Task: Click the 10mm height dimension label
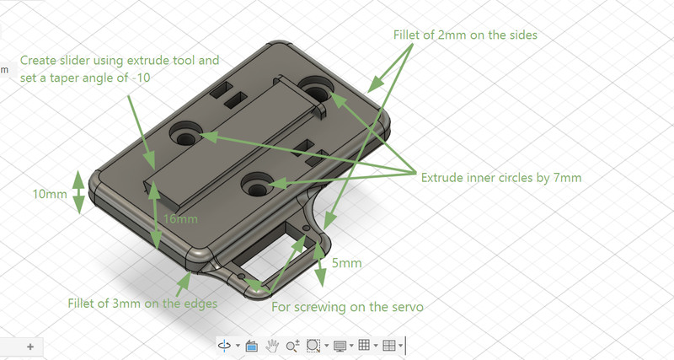click(x=50, y=194)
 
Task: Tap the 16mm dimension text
click(x=180, y=219)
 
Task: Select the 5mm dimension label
click(x=346, y=263)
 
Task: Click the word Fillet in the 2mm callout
click(x=407, y=35)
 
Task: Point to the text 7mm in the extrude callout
click(x=567, y=178)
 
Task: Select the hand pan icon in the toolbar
click(x=271, y=346)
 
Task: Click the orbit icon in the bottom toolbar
click(x=224, y=346)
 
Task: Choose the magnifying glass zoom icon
click(x=292, y=346)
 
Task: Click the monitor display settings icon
click(x=340, y=346)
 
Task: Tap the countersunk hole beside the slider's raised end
click(x=317, y=90)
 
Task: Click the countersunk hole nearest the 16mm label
click(x=257, y=185)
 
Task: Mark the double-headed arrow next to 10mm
click(x=78, y=192)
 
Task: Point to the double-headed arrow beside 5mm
click(x=319, y=264)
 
